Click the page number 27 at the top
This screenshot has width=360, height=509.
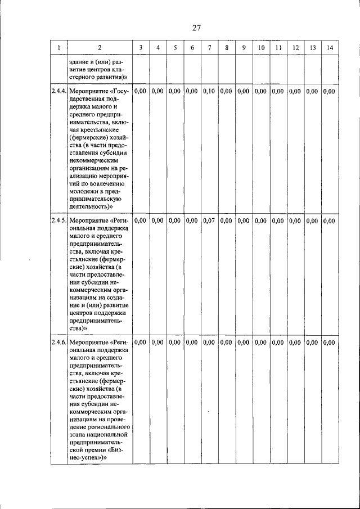click(196, 28)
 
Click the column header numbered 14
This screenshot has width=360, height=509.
click(330, 48)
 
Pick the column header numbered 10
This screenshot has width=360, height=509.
click(261, 48)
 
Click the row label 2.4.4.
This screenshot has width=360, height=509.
click(59, 91)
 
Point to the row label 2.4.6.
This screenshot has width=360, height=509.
click(59, 342)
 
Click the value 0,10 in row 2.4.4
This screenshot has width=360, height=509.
click(209, 91)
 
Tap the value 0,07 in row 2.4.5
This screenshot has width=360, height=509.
click(209, 220)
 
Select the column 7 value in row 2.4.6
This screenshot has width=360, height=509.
click(209, 342)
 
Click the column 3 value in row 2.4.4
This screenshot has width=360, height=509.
click(141, 91)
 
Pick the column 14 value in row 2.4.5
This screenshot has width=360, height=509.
click(330, 220)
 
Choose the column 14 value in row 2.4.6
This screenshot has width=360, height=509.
click(330, 342)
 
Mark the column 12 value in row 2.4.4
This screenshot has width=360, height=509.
click(295, 91)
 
